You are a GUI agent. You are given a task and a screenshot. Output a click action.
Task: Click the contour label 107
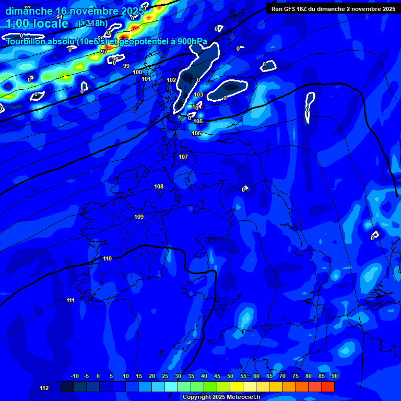coord(183,157)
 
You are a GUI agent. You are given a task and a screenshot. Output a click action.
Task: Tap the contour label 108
coord(159,186)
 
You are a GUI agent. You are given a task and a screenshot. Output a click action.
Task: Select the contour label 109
coord(139,217)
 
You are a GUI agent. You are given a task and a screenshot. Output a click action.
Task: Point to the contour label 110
coord(108,258)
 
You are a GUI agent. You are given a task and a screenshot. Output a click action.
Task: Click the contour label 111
coord(70,300)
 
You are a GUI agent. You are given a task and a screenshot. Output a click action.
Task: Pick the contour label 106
coord(196,133)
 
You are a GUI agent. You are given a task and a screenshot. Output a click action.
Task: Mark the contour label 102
coord(171,80)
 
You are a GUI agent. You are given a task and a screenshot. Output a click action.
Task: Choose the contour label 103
coord(198,95)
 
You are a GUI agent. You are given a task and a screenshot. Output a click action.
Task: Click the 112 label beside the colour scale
coord(44,388)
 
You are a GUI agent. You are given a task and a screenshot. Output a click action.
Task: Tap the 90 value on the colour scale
coord(334,376)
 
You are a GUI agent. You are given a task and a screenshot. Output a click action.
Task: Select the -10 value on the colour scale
coord(74,376)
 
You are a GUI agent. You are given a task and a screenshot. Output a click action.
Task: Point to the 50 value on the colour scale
coord(230,376)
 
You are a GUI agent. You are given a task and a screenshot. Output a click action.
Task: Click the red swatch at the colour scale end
coord(328,386)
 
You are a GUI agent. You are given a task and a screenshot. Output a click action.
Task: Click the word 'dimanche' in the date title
coord(29,11)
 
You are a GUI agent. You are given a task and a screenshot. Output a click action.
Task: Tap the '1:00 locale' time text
coord(38,23)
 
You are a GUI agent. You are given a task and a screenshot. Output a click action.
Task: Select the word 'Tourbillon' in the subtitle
coord(28,41)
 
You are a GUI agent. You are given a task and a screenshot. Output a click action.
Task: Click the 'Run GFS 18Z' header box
coord(333,8)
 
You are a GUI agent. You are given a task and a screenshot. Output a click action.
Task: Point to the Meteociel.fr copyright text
coord(221,397)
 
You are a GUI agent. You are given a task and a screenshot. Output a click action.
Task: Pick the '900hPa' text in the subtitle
coord(190,41)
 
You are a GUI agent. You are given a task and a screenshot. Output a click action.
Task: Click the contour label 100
coord(137,72)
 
